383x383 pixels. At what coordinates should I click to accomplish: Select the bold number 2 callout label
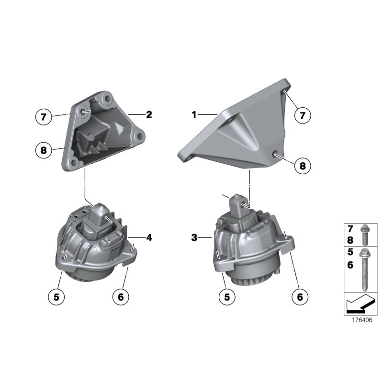point(149,114)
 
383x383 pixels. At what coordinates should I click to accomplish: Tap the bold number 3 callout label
point(194,237)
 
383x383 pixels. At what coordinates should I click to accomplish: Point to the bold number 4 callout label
point(149,237)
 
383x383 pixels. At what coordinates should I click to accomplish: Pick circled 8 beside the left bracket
point(44,150)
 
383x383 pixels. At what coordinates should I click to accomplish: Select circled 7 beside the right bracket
point(302,115)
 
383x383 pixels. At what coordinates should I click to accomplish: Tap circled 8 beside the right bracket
point(302,166)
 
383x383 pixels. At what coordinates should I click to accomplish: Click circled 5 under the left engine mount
point(56,297)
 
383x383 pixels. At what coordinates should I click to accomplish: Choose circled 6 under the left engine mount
point(120,297)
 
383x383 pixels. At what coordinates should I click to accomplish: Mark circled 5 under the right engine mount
point(227,297)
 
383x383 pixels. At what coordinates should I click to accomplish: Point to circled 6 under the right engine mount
point(300,297)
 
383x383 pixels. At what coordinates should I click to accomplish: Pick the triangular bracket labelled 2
point(103,129)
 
